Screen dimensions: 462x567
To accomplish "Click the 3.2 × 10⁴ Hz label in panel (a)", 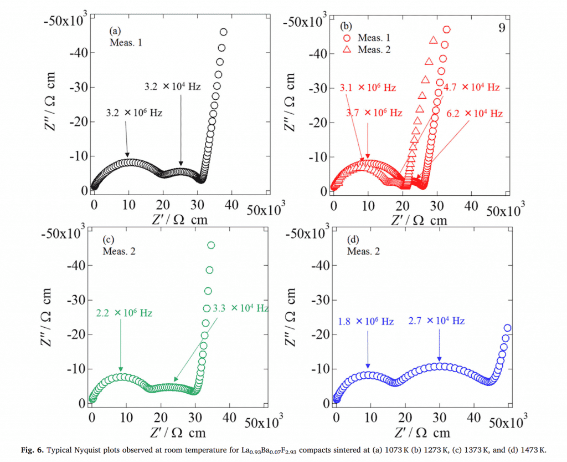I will (x=172, y=87).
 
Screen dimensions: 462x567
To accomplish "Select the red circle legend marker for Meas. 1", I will (x=347, y=38).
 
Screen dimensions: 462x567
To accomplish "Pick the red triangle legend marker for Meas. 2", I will (x=347, y=49).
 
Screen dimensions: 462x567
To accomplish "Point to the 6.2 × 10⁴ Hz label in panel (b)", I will (x=475, y=114).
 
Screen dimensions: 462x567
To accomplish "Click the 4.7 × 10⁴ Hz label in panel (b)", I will (x=472, y=88).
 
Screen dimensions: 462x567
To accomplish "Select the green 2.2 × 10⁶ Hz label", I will (x=124, y=313).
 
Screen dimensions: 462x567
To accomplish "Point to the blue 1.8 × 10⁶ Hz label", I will (x=365, y=322).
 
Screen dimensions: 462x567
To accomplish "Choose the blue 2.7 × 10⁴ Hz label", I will (x=436, y=321).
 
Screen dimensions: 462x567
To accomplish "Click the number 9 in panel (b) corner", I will (x=502, y=28).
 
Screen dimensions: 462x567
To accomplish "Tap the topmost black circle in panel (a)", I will (x=224, y=32).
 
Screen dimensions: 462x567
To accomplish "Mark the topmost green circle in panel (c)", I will (x=211, y=245).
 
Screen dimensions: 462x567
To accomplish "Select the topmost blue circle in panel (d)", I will (x=507, y=328).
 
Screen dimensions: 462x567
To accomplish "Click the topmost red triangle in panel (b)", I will (x=434, y=40).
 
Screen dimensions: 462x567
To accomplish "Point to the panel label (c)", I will (x=108, y=240).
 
